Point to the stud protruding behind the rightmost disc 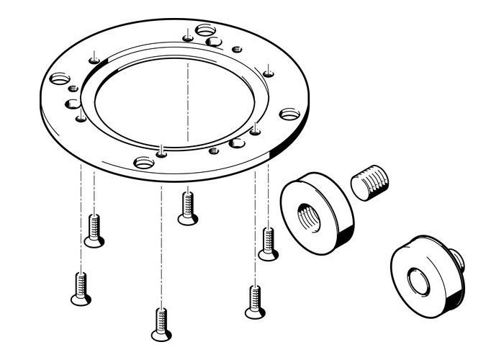click(x=457, y=257)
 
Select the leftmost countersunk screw click(x=81, y=287)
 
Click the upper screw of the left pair click(x=94, y=230)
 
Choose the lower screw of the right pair click(x=254, y=302)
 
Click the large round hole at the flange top click(x=205, y=31)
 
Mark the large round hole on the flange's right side click(x=289, y=114)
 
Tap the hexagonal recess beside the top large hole click(x=213, y=42)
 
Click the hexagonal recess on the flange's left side click(x=73, y=104)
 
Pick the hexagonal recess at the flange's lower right click(x=236, y=143)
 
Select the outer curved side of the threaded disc click(x=343, y=216)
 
